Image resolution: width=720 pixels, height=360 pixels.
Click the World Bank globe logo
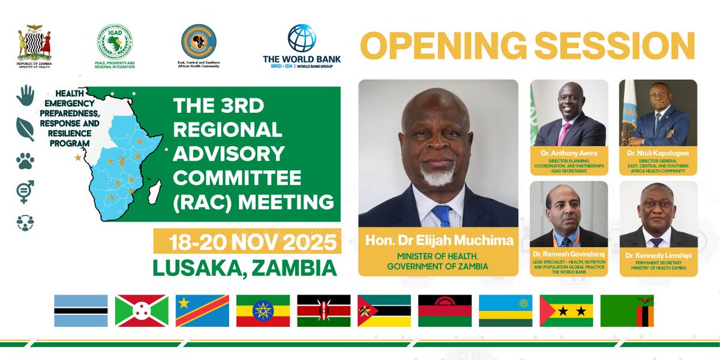point(301,38)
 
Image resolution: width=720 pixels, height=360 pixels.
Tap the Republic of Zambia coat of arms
point(31,43)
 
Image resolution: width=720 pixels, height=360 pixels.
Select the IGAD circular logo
point(115,41)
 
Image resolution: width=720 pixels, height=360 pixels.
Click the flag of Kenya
point(324,310)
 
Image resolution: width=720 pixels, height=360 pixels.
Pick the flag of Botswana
point(81,310)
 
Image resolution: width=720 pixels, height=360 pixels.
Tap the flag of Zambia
point(627,310)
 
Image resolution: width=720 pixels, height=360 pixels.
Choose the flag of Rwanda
point(506,310)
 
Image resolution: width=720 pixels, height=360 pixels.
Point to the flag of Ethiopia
point(263,310)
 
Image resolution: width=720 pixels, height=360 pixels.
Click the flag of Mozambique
point(384,310)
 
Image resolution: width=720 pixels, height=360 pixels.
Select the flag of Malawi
point(445,310)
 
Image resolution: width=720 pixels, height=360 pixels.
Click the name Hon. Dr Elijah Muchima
point(438,241)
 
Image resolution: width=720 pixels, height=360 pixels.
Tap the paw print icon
point(25,160)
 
